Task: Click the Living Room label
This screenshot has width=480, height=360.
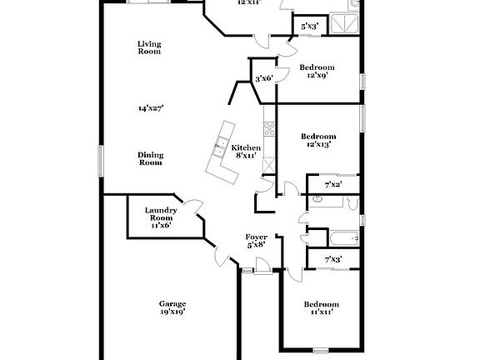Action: point(149,47)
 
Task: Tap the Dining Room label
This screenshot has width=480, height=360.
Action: point(151,158)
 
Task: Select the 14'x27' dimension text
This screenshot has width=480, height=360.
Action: point(151,107)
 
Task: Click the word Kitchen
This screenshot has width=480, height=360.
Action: point(247,147)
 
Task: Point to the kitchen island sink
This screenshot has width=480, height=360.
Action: point(220,149)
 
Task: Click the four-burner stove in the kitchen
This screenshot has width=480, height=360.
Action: point(269,129)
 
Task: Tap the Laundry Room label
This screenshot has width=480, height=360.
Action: point(161,214)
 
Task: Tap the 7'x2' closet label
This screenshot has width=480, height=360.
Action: point(332,184)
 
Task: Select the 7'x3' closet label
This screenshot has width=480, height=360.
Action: point(332,260)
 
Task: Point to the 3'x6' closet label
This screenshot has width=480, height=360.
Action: point(264,78)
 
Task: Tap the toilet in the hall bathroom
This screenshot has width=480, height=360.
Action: point(317,201)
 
